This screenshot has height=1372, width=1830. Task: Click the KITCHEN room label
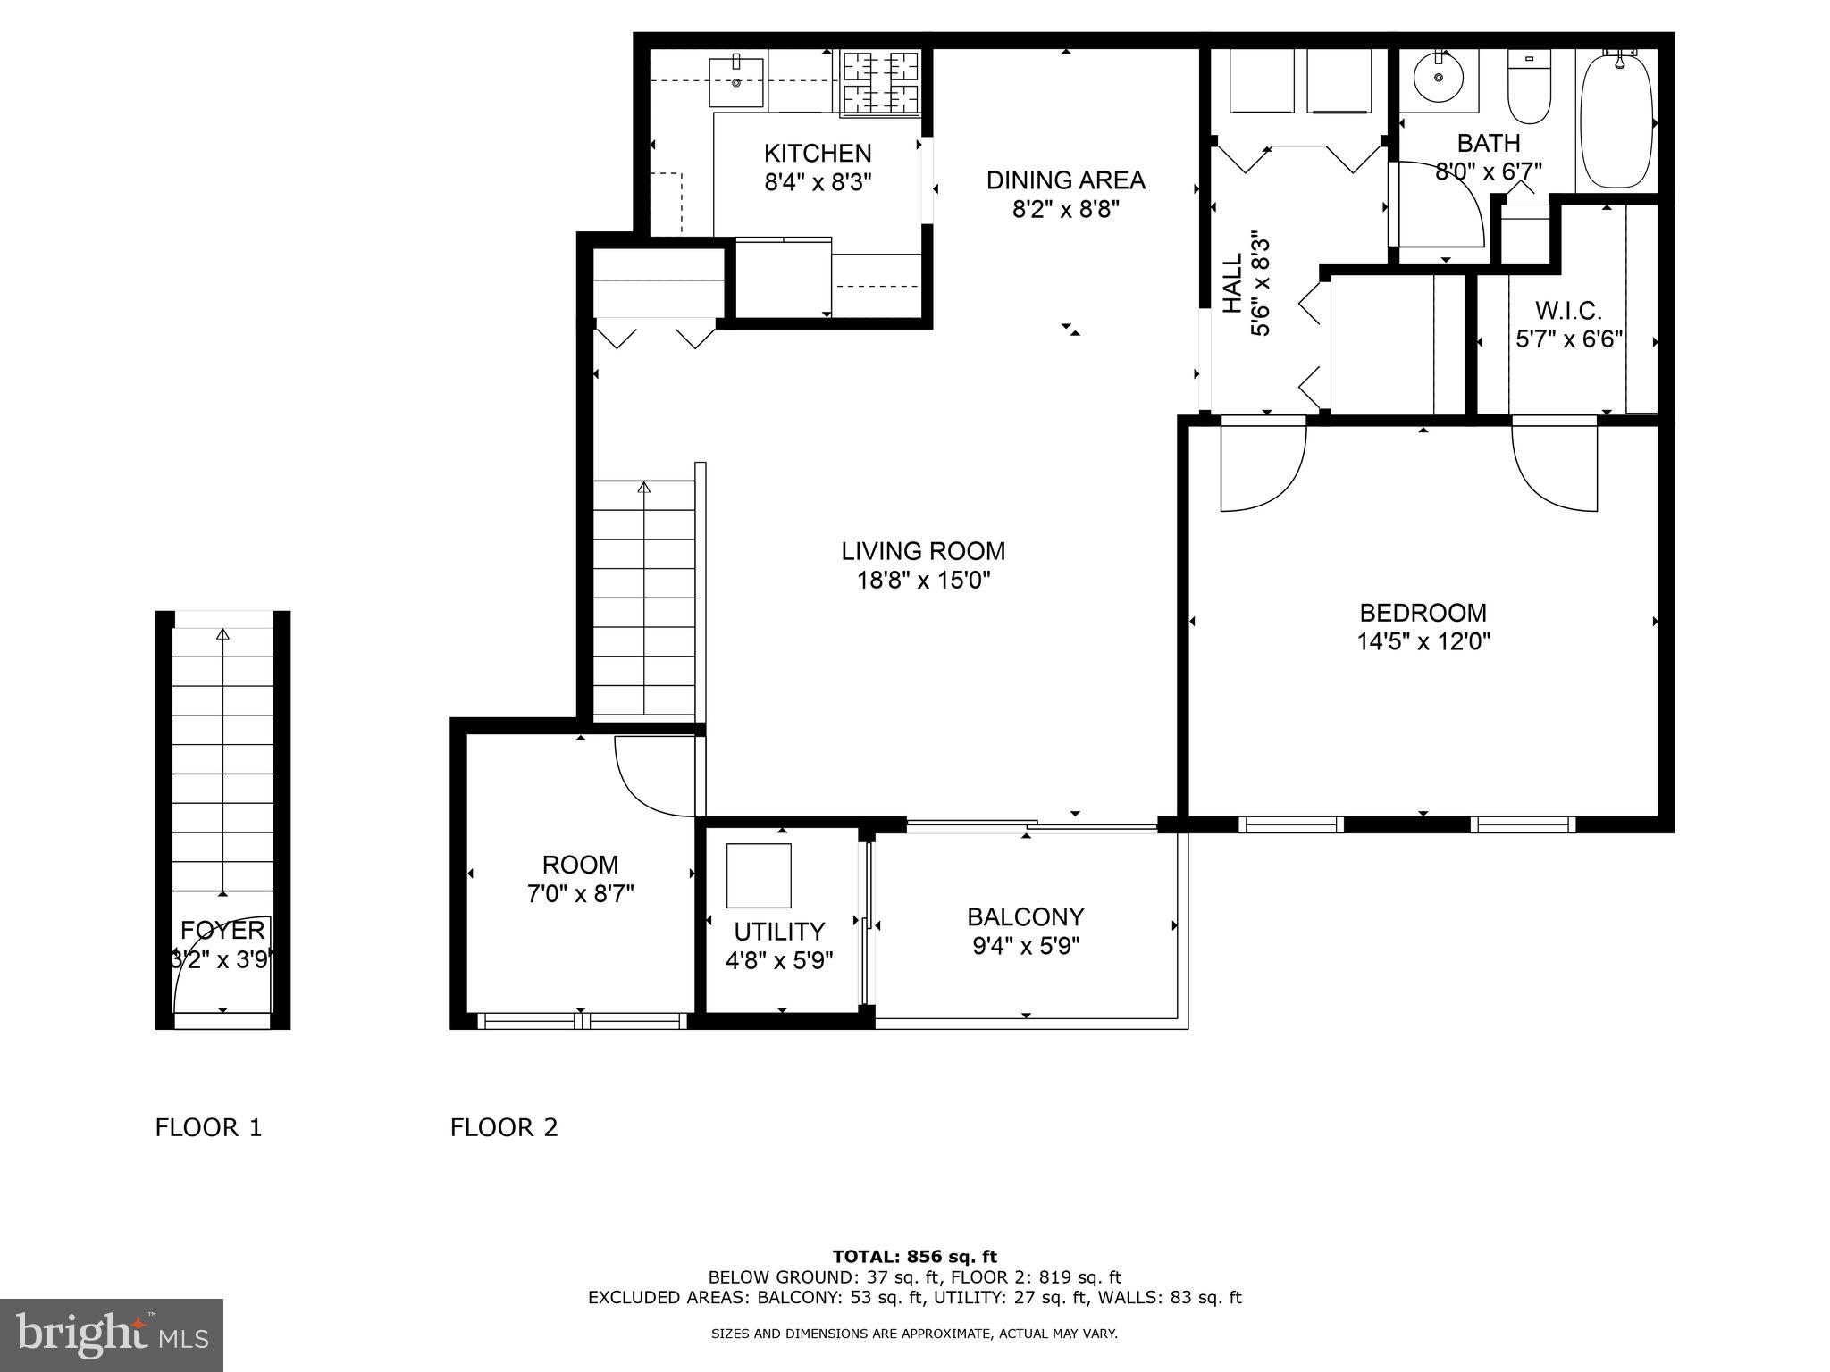(x=818, y=153)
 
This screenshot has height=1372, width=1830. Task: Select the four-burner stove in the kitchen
(x=881, y=82)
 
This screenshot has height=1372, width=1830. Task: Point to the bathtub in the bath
(x=1616, y=121)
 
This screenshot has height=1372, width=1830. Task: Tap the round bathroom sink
(x=1439, y=79)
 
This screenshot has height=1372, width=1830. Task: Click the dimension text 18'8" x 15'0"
(x=924, y=581)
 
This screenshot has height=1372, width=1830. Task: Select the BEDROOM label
(x=1423, y=613)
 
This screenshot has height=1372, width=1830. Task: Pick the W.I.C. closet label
(x=1568, y=311)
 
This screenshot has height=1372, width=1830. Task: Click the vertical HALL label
(x=1233, y=283)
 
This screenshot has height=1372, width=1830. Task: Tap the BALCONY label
(x=1026, y=917)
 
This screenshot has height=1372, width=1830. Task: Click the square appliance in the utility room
(x=759, y=874)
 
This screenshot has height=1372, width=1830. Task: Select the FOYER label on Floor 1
(x=222, y=931)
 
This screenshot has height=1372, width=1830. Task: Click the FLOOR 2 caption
(x=504, y=1128)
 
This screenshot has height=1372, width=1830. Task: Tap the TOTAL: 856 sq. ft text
(x=914, y=1257)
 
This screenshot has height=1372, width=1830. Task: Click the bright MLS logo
(x=112, y=1334)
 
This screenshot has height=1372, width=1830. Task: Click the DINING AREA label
(x=1065, y=180)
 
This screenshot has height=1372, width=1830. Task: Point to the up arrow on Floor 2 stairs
(x=643, y=488)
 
